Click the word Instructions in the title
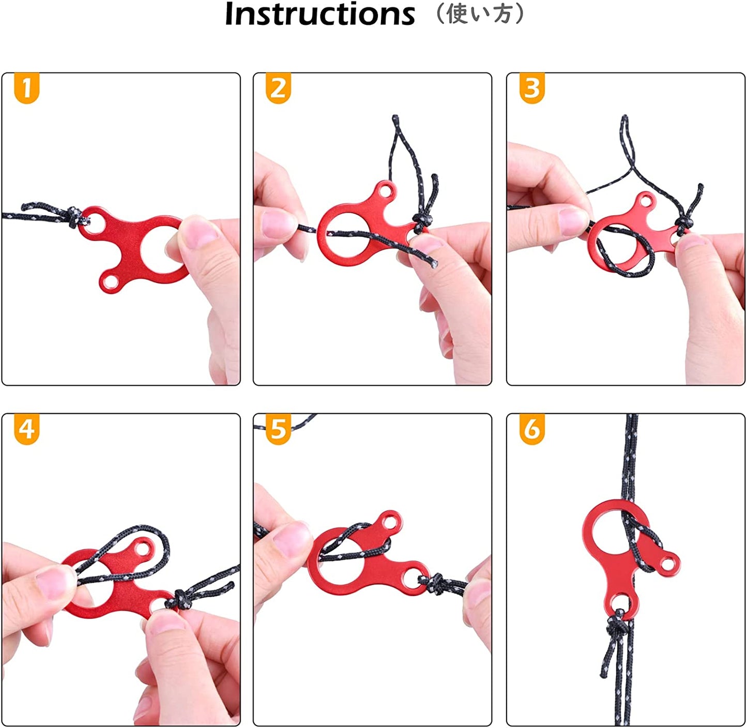(319, 14)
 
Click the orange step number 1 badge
(27, 88)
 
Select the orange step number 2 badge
(278, 88)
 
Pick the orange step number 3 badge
(532, 88)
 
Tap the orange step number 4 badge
(27, 429)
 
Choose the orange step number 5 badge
(278, 429)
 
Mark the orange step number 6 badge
(532, 429)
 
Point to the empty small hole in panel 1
(109, 283)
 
